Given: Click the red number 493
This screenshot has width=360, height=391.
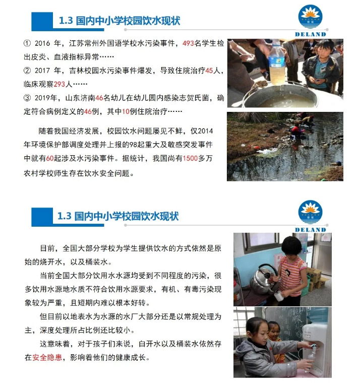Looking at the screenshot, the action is [x=188, y=43].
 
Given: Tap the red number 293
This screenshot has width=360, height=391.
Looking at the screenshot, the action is [x=59, y=84].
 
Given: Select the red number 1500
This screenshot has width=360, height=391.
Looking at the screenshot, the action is [x=190, y=158].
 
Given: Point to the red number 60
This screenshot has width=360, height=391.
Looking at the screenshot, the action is [x=50, y=158].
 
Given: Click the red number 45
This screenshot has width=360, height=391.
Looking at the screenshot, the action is [x=209, y=71].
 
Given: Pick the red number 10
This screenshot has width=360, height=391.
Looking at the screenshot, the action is [x=126, y=111].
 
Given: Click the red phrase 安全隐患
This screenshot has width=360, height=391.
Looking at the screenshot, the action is [x=47, y=358].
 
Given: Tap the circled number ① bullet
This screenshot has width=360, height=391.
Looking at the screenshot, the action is [x=27, y=43].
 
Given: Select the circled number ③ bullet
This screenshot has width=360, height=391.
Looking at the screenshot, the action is [x=27, y=98].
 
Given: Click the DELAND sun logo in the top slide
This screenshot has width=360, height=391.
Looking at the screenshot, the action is [x=311, y=17].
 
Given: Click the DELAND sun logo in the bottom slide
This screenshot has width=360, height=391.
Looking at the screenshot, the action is [x=311, y=212].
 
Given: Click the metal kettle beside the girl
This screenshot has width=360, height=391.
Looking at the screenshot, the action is [x=264, y=279].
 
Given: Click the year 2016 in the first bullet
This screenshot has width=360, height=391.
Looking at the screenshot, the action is [x=42, y=43].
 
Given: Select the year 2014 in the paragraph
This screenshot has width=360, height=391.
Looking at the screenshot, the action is [x=205, y=131].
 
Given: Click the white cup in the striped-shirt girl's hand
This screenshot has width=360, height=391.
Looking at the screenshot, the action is [x=278, y=297].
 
